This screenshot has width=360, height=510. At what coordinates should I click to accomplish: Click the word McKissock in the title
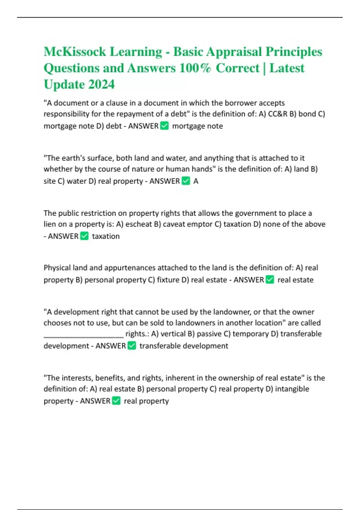pyautogui.click(x=75, y=52)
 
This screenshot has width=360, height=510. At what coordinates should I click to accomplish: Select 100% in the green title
pyautogui.click(x=195, y=68)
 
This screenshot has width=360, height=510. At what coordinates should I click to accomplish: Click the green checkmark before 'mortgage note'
pyautogui.click(x=164, y=126)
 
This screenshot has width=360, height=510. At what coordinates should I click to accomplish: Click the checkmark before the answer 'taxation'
pyautogui.click(x=85, y=236)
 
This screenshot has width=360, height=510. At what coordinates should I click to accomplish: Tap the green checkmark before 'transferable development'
pyautogui.click(x=132, y=346)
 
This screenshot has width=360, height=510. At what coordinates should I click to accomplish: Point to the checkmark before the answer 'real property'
pyautogui.click(x=116, y=401)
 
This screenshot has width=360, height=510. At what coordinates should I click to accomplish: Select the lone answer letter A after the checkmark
pyautogui.click(x=196, y=181)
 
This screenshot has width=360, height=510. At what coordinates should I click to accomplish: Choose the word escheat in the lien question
pyautogui.click(x=138, y=224)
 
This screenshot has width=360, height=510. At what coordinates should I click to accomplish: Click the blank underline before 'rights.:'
pyautogui.click(x=83, y=334)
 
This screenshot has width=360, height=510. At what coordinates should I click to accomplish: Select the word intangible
pyautogui.click(x=292, y=389)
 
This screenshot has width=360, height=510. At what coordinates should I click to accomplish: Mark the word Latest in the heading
pyautogui.click(x=287, y=68)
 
